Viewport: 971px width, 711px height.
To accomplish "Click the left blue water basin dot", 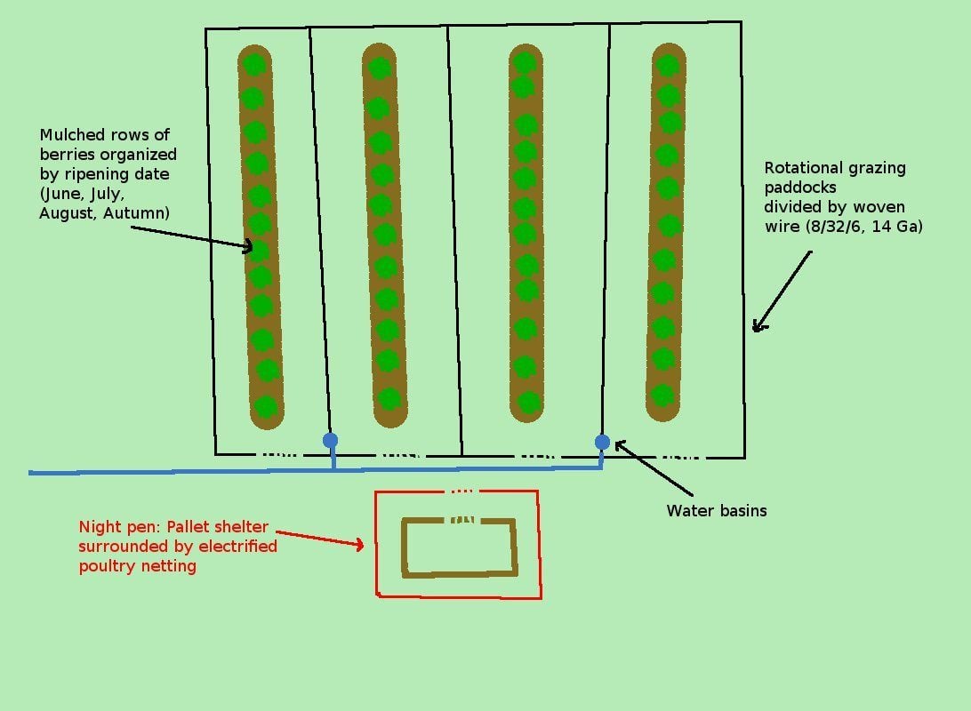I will [x=330, y=440].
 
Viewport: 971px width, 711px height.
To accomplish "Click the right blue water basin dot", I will [x=602, y=442].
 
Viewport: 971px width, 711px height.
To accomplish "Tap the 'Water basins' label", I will [x=716, y=511].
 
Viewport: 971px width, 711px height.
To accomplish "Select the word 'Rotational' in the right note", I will [x=805, y=168].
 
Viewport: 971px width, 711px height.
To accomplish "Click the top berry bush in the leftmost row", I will [x=254, y=64].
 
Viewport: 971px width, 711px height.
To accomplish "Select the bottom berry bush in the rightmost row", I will [x=662, y=395].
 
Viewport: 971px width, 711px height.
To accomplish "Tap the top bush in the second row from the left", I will [x=380, y=68].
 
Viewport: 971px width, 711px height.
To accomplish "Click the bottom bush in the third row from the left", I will [x=528, y=403].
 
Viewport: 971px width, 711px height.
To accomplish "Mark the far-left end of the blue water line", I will [x=32, y=472].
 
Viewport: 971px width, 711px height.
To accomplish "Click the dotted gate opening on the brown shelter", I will [x=460, y=520].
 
